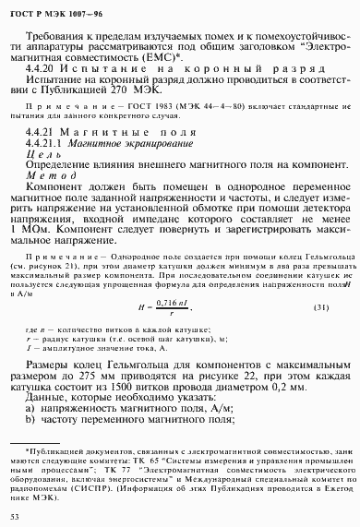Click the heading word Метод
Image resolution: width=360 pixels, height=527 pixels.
click(x=45, y=177)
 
